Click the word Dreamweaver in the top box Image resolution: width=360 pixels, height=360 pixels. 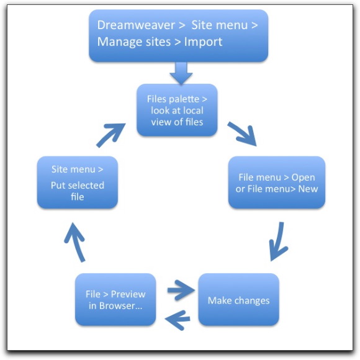[136, 25]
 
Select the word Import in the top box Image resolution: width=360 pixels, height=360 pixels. [203, 42]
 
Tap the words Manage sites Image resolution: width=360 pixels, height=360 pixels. [134, 42]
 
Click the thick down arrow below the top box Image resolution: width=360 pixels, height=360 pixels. [181, 73]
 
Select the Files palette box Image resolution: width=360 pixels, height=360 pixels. [177, 110]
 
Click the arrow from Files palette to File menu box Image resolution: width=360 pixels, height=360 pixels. [243, 133]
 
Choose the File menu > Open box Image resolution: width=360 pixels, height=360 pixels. [277, 182]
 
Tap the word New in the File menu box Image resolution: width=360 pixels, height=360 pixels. [308, 189]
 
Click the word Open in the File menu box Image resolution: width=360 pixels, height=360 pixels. [303, 178]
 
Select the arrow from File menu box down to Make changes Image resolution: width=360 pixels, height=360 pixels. [279, 241]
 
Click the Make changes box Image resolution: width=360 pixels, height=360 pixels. [239, 300]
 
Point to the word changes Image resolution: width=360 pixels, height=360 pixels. [252, 301]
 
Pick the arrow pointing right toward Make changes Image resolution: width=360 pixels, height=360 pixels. [181, 290]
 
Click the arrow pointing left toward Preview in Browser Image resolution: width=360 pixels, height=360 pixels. [178, 320]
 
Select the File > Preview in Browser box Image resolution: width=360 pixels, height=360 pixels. [115, 300]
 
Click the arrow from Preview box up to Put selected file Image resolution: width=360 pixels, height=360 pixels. [75, 242]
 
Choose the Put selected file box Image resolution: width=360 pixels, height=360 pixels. [78, 182]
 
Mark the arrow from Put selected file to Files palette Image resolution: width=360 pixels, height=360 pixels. [111, 135]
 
